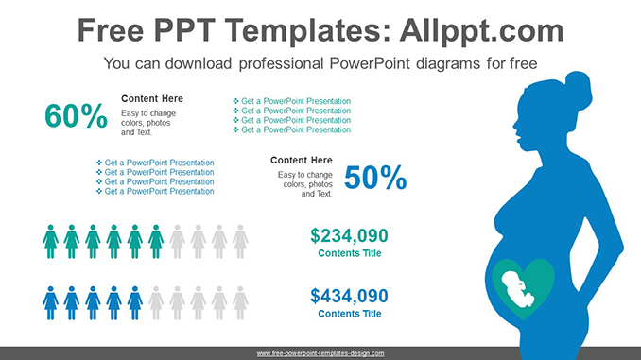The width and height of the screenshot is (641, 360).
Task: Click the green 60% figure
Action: (76, 116)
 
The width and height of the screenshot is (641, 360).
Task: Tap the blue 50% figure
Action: (375, 177)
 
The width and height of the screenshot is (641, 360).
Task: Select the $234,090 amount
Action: (349, 236)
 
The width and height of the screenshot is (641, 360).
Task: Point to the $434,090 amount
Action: (349, 296)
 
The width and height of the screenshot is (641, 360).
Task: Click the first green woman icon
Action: (51, 241)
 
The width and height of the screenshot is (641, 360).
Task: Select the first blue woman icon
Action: (51, 302)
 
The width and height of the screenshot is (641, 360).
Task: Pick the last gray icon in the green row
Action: (240, 241)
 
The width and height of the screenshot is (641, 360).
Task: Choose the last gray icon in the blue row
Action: (240, 302)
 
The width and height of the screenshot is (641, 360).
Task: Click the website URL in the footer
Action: (320, 352)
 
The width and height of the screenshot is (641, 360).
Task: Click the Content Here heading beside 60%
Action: (152, 98)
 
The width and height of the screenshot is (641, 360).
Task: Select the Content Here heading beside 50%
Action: (302, 160)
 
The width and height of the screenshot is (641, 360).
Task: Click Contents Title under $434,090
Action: (349, 314)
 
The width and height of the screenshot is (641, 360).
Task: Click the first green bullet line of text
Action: (293, 101)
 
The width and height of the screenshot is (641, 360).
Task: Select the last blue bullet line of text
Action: (156, 191)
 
